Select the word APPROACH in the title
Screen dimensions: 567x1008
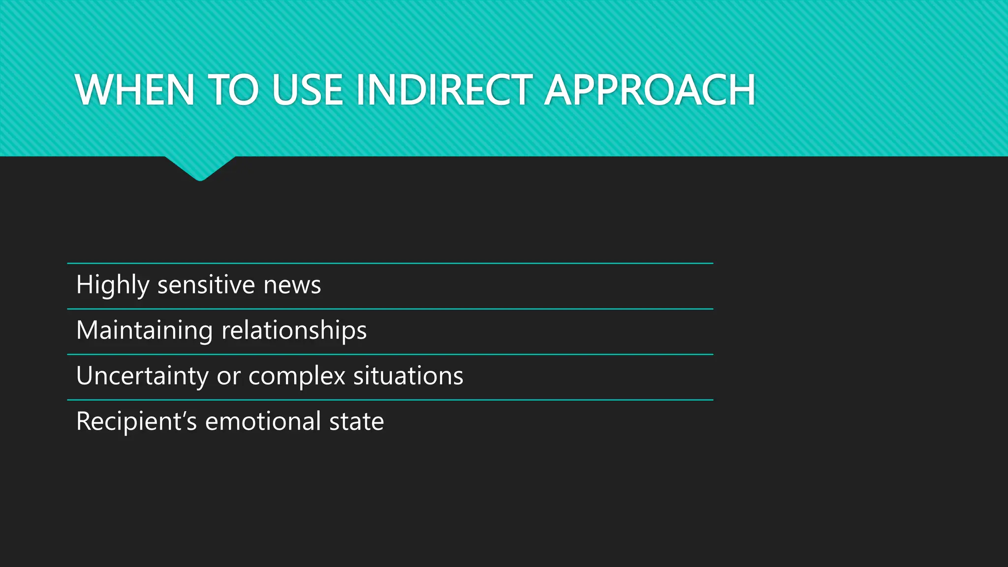click(x=650, y=90)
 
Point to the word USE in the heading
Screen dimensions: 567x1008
click(x=307, y=90)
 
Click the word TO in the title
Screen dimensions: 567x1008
click(x=233, y=90)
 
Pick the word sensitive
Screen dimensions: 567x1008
click(x=206, y=285)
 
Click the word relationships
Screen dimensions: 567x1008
click(x=294, y=330)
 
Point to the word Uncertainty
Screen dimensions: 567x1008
click(x=142, y=376)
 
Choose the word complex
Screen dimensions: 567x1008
click(x=297, y=376)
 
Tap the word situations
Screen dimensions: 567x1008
click(x=408, y=376)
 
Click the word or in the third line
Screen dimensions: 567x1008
click(x=228, y=376)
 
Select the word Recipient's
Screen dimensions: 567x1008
click(x=136, y=422)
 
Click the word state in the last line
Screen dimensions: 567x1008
click(x=356, y=422)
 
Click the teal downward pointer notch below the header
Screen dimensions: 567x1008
click(x=200, y=168)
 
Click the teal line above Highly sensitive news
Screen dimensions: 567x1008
click(x=390, y=263)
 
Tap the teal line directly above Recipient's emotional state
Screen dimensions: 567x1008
click(x=390, y=400)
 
